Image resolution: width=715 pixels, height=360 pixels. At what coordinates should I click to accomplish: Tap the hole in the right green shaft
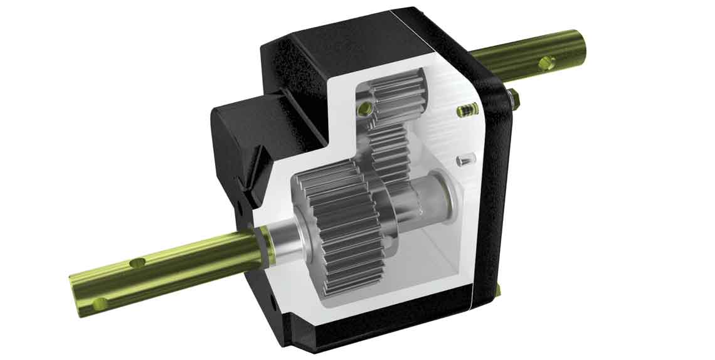[546, 62]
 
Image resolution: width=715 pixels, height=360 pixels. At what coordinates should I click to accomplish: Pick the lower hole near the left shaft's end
[98, 304]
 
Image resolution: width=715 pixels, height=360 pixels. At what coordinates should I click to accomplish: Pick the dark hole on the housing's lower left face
[274, 302]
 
